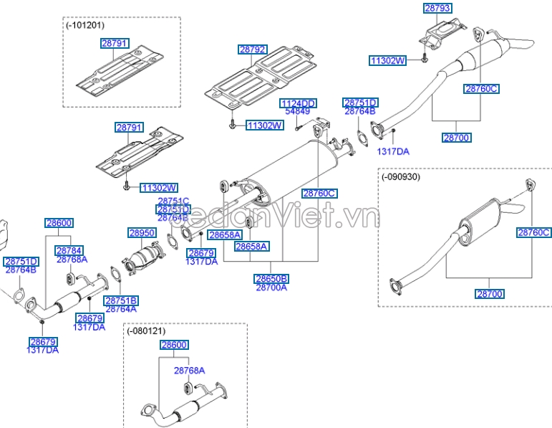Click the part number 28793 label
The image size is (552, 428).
pyautogui.click(x=437, y=8)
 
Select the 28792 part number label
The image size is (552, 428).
pyautogui.click(x=253, y=49)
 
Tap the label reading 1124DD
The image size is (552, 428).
pyautogui.click(x=297, y=103)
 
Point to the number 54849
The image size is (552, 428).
pyautogui.click(x=297, y=112)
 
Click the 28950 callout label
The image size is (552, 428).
pyautogui.click(x=142, y=233)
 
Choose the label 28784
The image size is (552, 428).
pyautogui.click(x=69, y=250)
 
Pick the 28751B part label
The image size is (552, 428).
pyautogui.click(x=120, y=300)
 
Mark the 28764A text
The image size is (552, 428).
pyautogui.click(x=120, y=309)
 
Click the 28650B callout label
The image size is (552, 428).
pyautogui.click(x=271, y=279)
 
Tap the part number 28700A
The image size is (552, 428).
pyautogui.click(x=271, y=287)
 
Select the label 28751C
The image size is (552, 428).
pyautogui.click(x=173, y=201)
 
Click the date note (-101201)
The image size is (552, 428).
pyautogui.click(x=84, y=24)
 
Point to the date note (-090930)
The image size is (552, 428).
pyautogui.click(x=401, y=176)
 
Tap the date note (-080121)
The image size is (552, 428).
pyautogui.click(x=147, y=330)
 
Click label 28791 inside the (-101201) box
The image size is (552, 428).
pyautogui.click(x=115, y=44)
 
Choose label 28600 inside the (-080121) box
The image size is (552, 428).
pyautogui.click(x=173, y=345)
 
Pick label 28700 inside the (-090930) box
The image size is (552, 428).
pyautogui.click(x=489, y=294)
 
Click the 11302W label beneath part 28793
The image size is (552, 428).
pyautogui.click(x=387, y=61)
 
